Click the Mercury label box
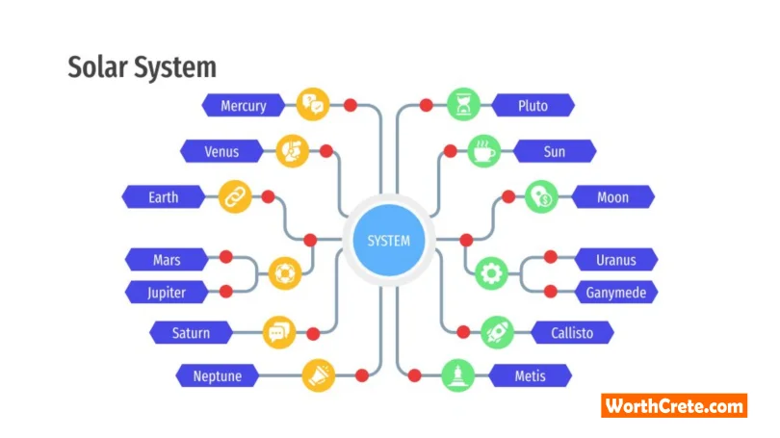244,105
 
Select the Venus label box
221,151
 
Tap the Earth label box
163,197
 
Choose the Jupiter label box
167,293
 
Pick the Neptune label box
218,375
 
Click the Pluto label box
533,105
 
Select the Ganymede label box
616,293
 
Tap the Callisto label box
572,333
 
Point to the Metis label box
530,375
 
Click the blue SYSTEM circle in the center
389,241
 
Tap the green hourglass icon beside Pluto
463,104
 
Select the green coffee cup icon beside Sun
484,150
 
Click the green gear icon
491,273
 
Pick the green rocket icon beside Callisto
498,332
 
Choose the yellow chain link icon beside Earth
235,197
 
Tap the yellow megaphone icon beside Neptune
319,375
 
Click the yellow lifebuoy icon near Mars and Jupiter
284,273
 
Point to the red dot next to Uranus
550,257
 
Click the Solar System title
143,67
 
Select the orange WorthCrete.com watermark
674,405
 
